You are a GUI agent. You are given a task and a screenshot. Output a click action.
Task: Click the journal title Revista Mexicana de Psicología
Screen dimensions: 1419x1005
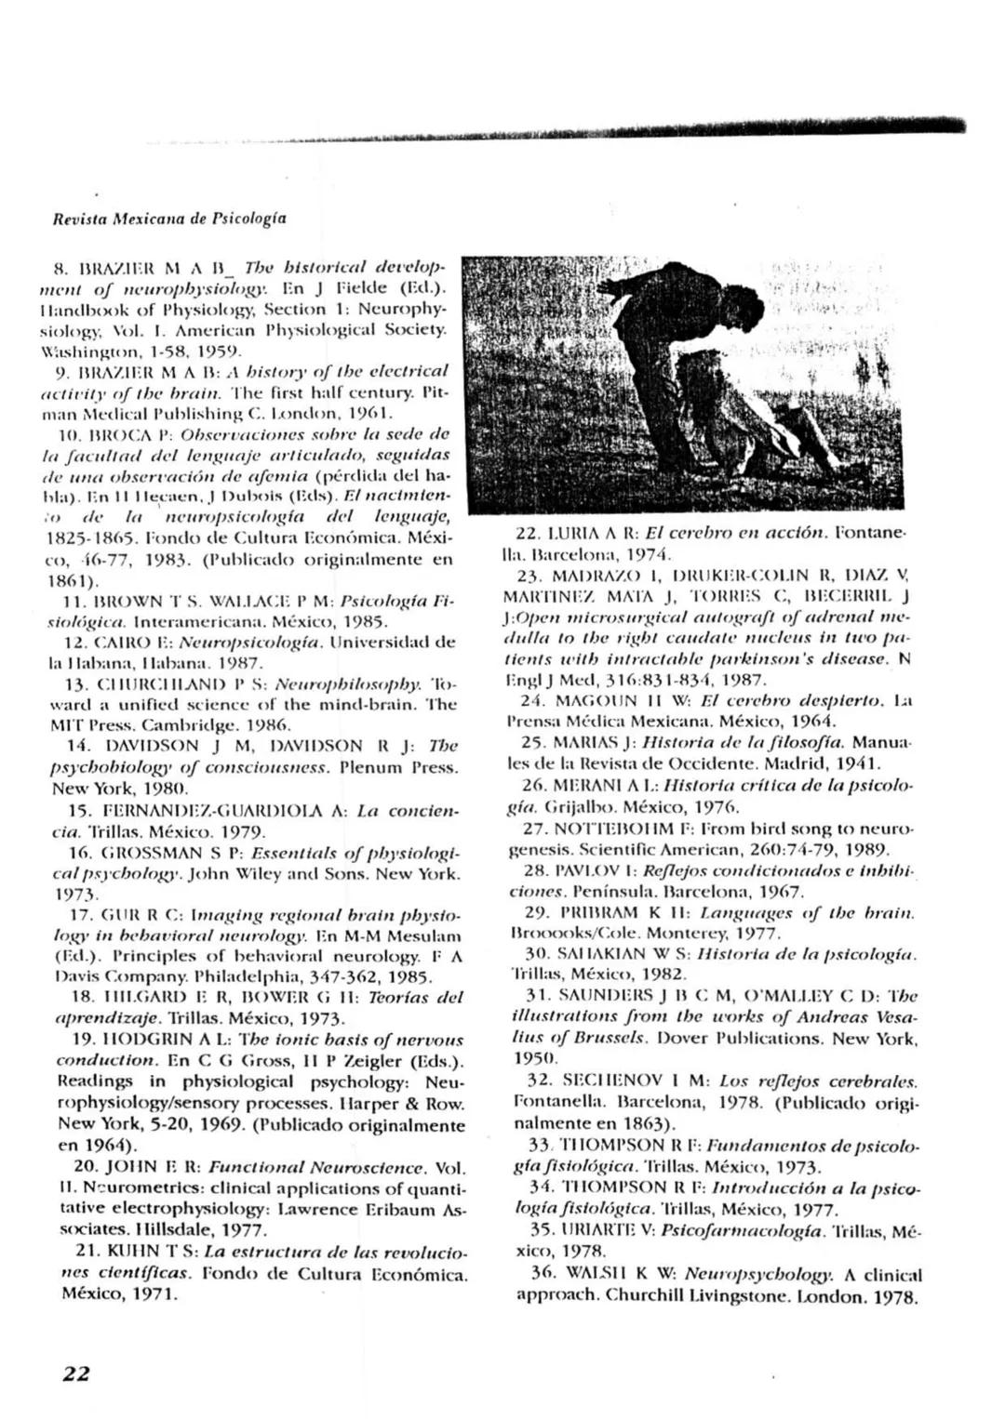click(168, 219)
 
